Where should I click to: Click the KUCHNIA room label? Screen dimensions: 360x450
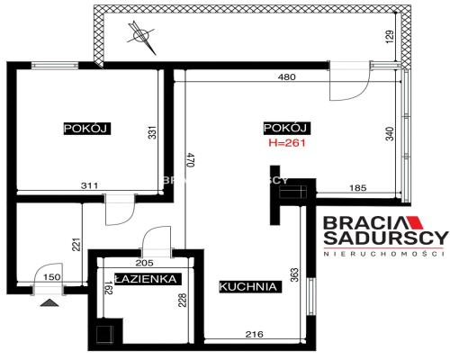pos(247,286)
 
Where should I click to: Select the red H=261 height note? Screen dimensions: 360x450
pos(287,142)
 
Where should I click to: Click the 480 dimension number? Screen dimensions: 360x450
pos(286,77)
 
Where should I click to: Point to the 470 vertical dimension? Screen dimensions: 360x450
pos(190,160)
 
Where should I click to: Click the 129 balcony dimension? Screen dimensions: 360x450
pos(389,38)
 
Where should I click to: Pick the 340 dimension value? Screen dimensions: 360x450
pos(389,134)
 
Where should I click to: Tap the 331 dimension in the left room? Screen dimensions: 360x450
pos(152,133)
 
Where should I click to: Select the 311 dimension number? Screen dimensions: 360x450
pos(88,185)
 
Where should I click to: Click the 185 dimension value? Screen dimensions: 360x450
pos(357,188)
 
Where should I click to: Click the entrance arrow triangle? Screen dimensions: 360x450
pos(48,303)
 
